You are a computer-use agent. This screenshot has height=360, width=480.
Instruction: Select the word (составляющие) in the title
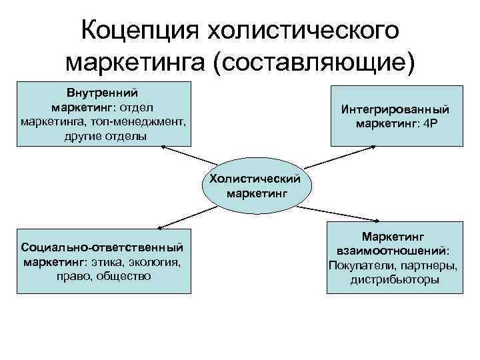(x=313, y=62)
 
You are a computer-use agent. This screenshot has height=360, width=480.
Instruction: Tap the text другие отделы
(x=103, y=136)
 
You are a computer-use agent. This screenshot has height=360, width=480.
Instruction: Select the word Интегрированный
(x=395, y=109)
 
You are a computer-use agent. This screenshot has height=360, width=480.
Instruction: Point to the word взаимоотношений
(x=393, y=251)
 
